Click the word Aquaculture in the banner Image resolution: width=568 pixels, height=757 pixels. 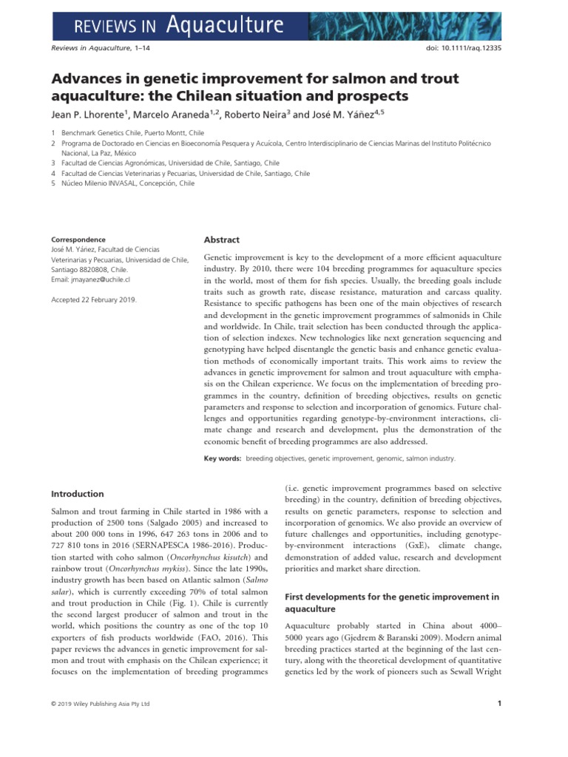point(225,26)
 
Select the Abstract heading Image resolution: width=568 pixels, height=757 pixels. point(221,240)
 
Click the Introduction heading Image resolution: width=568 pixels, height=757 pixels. point(77,494)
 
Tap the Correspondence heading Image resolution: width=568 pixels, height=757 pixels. point(78,240)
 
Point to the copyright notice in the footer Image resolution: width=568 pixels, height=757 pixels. point(100,704)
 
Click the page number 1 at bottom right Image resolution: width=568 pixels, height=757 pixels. point(500,704)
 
